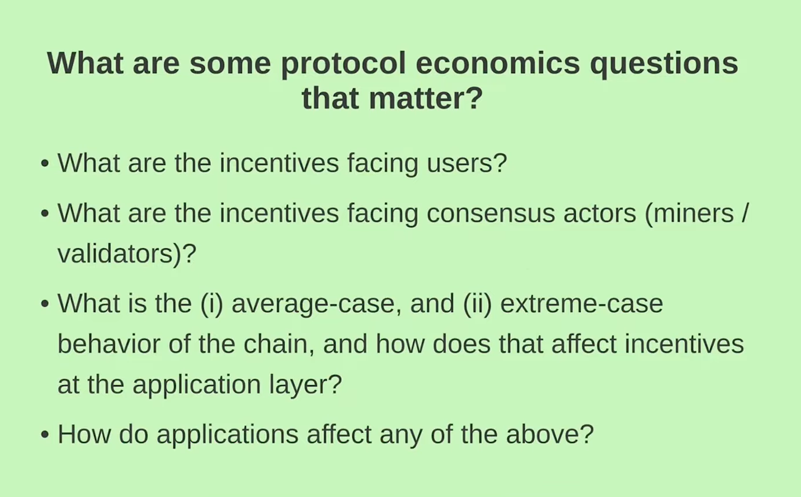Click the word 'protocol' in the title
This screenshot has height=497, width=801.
point(343,65)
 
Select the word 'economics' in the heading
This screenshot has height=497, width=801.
point(498,63)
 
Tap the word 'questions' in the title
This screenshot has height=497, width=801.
point(664,65)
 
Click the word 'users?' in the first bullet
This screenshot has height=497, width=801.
point(467,164)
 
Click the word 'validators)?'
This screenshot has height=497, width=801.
point(127,254)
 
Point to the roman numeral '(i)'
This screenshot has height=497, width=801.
point(212,304)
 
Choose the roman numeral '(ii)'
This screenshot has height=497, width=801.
point(477,304)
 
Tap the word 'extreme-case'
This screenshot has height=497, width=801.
point(582,304)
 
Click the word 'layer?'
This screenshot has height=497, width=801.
point(305,385)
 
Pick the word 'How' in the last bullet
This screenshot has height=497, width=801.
point(84,434)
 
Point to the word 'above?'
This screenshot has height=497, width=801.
point(550,434)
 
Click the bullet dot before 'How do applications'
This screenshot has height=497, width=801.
point(45,435)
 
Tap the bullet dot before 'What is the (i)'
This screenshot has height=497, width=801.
point(45,304)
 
